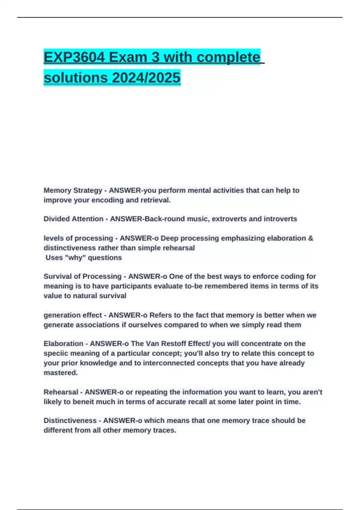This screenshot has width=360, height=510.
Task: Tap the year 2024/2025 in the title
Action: pos(146,78)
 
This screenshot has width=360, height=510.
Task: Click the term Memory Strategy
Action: pos(73,190)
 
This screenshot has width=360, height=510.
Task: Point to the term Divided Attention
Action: pos(73,219)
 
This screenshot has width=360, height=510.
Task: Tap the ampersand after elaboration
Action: pos(310,238)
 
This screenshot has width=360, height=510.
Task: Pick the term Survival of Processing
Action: pos(82,276)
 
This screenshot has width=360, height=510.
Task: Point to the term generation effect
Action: pos(73,315)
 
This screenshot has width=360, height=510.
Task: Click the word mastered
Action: pos(61,373)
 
